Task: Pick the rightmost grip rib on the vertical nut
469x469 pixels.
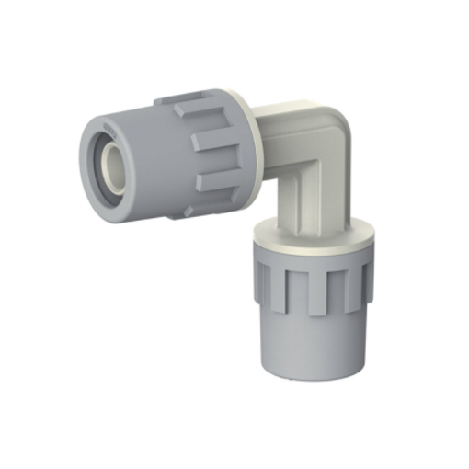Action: pos(365,276)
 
